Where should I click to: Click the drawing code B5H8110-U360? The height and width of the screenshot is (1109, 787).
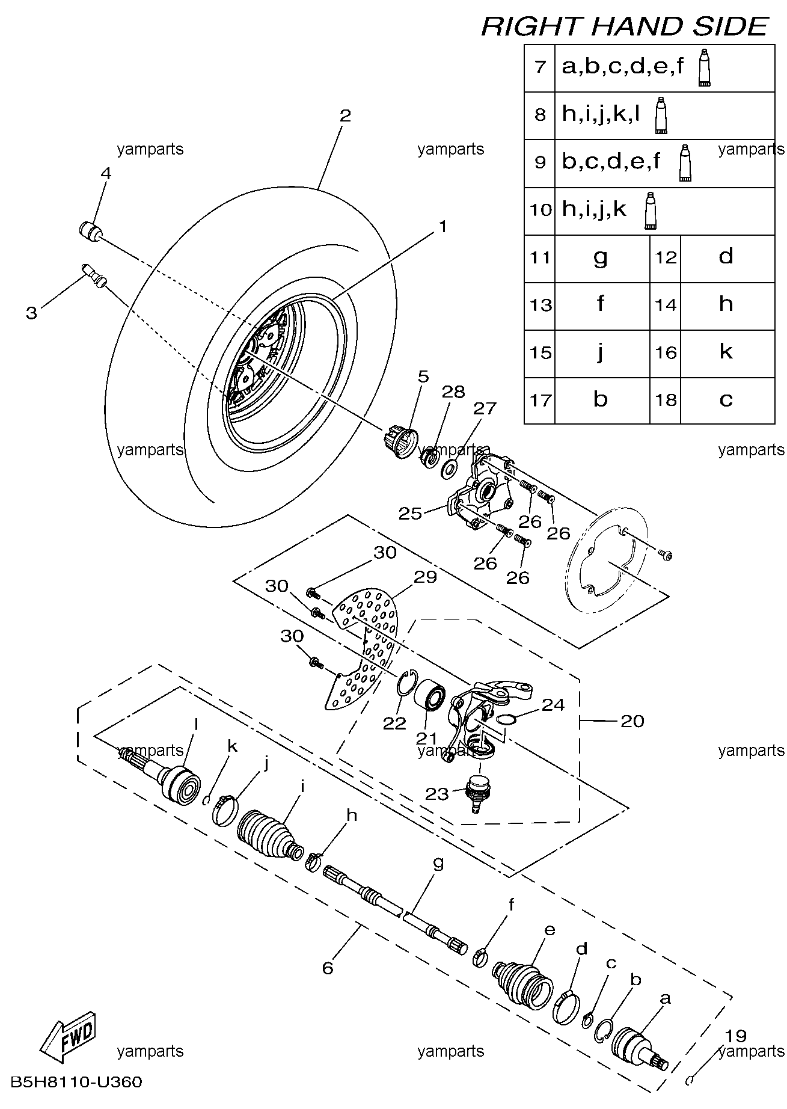(x=76, y=1083)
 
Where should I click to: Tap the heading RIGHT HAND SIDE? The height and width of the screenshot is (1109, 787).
(x=625, y=26)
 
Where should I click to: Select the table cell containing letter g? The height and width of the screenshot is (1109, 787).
(x=601, y=257)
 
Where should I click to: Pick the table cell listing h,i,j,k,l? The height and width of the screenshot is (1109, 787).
(x=664, y=115)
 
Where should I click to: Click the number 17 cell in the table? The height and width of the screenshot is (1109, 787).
(x=540, y=401)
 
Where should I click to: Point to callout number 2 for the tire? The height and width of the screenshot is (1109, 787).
(x=345, y=115)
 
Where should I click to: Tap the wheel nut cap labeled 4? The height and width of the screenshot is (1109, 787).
(x=90, y=231)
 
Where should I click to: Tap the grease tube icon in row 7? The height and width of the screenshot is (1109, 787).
(x=704, y=69)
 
